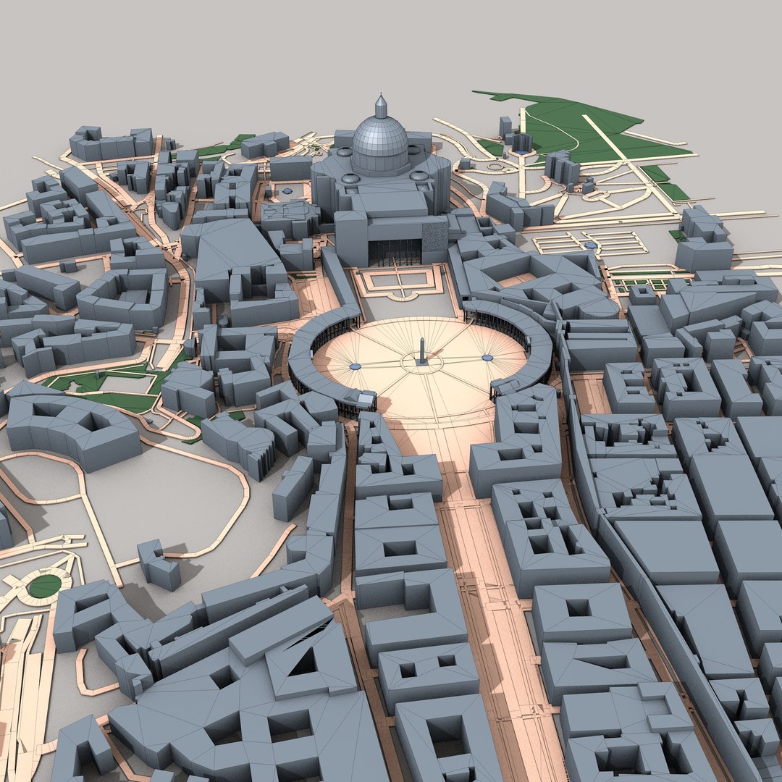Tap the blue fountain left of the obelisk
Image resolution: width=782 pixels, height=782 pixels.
point(355,367)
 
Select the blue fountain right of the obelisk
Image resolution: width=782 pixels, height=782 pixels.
point(487,357)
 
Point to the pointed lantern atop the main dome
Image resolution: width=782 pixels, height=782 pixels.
point(380,107)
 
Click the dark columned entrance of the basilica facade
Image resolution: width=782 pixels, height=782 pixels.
point(395,252)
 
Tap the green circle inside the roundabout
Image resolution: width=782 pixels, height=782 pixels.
point(44,586)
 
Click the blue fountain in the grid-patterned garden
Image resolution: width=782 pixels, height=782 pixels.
point(592,245)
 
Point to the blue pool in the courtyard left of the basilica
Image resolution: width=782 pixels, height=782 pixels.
point(288,190)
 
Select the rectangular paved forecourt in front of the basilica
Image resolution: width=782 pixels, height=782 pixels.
point(398,281)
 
